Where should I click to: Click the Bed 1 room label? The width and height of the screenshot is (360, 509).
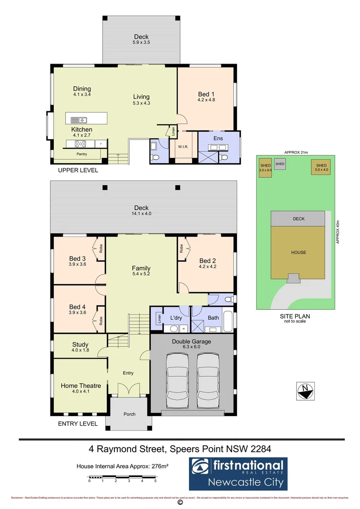pyautogui.click(x=206, y=94)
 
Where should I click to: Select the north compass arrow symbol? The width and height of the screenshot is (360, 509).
pyautogui.click(x=306, y=391)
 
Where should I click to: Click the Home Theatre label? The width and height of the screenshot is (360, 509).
pyautogui.click(x=81, y=386)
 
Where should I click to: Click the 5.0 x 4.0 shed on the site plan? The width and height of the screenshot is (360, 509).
pyautogui.click(x=321, y=168)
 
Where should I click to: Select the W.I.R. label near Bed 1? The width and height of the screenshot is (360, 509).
pyautogui.click(x=183, y=147)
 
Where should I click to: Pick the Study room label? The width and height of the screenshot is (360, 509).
pyautogui.click(x=81, y=345)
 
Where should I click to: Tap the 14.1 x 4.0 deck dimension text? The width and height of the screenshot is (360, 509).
pyautogui.click(x=141, y=214)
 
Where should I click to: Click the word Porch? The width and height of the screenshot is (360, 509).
pyautogui.click(x=129, y=414)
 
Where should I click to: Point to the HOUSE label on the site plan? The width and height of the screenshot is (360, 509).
pyautogui.click(x=298, y=252)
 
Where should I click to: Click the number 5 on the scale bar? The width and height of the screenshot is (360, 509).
pyautogui.click(x=155, y=481)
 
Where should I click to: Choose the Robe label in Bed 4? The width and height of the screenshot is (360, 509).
pyautogui.click(x=100, y=320)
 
